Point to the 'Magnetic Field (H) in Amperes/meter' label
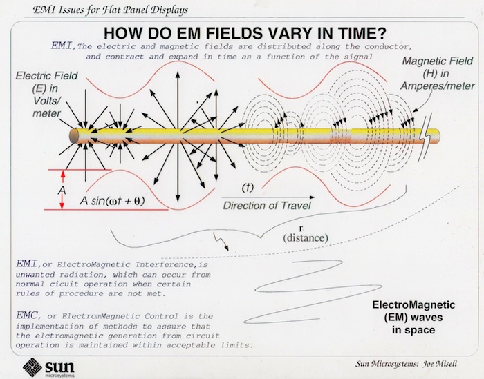pos(440,73)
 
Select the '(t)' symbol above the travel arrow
pos(248,187)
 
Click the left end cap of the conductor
pos(72,135)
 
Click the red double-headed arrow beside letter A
pos(62,188)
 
